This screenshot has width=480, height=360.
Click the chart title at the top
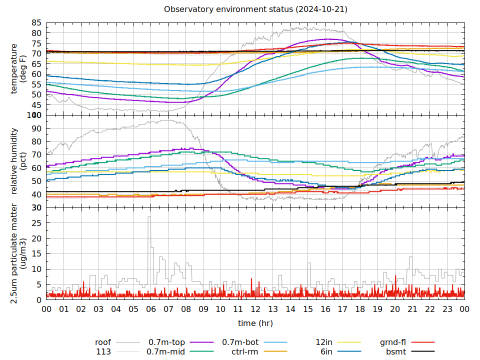click(255, 9)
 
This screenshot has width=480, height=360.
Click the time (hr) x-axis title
click(255, 323)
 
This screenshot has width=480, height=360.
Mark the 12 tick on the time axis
click(255, 309)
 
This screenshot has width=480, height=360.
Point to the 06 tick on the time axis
click(151, 309)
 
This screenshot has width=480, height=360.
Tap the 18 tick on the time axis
click(360, 309)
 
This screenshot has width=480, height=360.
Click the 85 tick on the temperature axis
click(36, 22)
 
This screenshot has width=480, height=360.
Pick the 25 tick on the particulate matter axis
click(36, 222)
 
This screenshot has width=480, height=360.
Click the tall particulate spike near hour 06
click(149, 217)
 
